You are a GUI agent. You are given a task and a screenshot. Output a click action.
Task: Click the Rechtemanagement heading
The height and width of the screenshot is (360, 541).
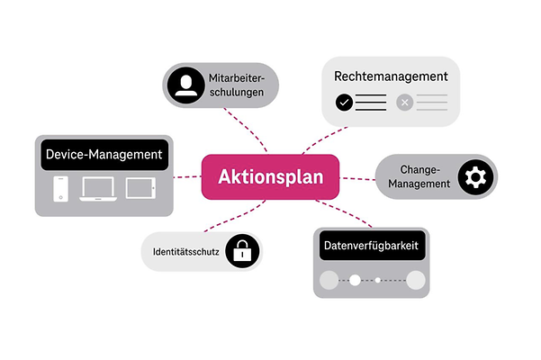(390, 77)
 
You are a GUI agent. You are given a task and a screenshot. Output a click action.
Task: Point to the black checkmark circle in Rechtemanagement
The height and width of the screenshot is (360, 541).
(344, 103)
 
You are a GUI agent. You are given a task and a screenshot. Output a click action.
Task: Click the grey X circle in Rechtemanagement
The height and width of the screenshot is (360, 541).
(404, 103)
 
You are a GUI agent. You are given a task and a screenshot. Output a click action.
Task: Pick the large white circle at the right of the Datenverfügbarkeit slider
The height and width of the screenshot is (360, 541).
(415, 280)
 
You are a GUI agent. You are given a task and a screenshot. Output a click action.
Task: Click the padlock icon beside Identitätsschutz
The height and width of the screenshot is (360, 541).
(240, 253)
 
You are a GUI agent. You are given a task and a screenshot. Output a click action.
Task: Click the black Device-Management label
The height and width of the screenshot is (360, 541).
(104, 154)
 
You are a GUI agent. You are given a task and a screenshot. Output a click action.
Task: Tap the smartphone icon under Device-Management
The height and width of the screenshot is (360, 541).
(59, 189)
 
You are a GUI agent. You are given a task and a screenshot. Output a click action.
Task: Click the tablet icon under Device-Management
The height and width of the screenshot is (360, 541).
(141, 188)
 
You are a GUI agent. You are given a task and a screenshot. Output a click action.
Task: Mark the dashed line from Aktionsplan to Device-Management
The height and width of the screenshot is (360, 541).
(187, 176)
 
